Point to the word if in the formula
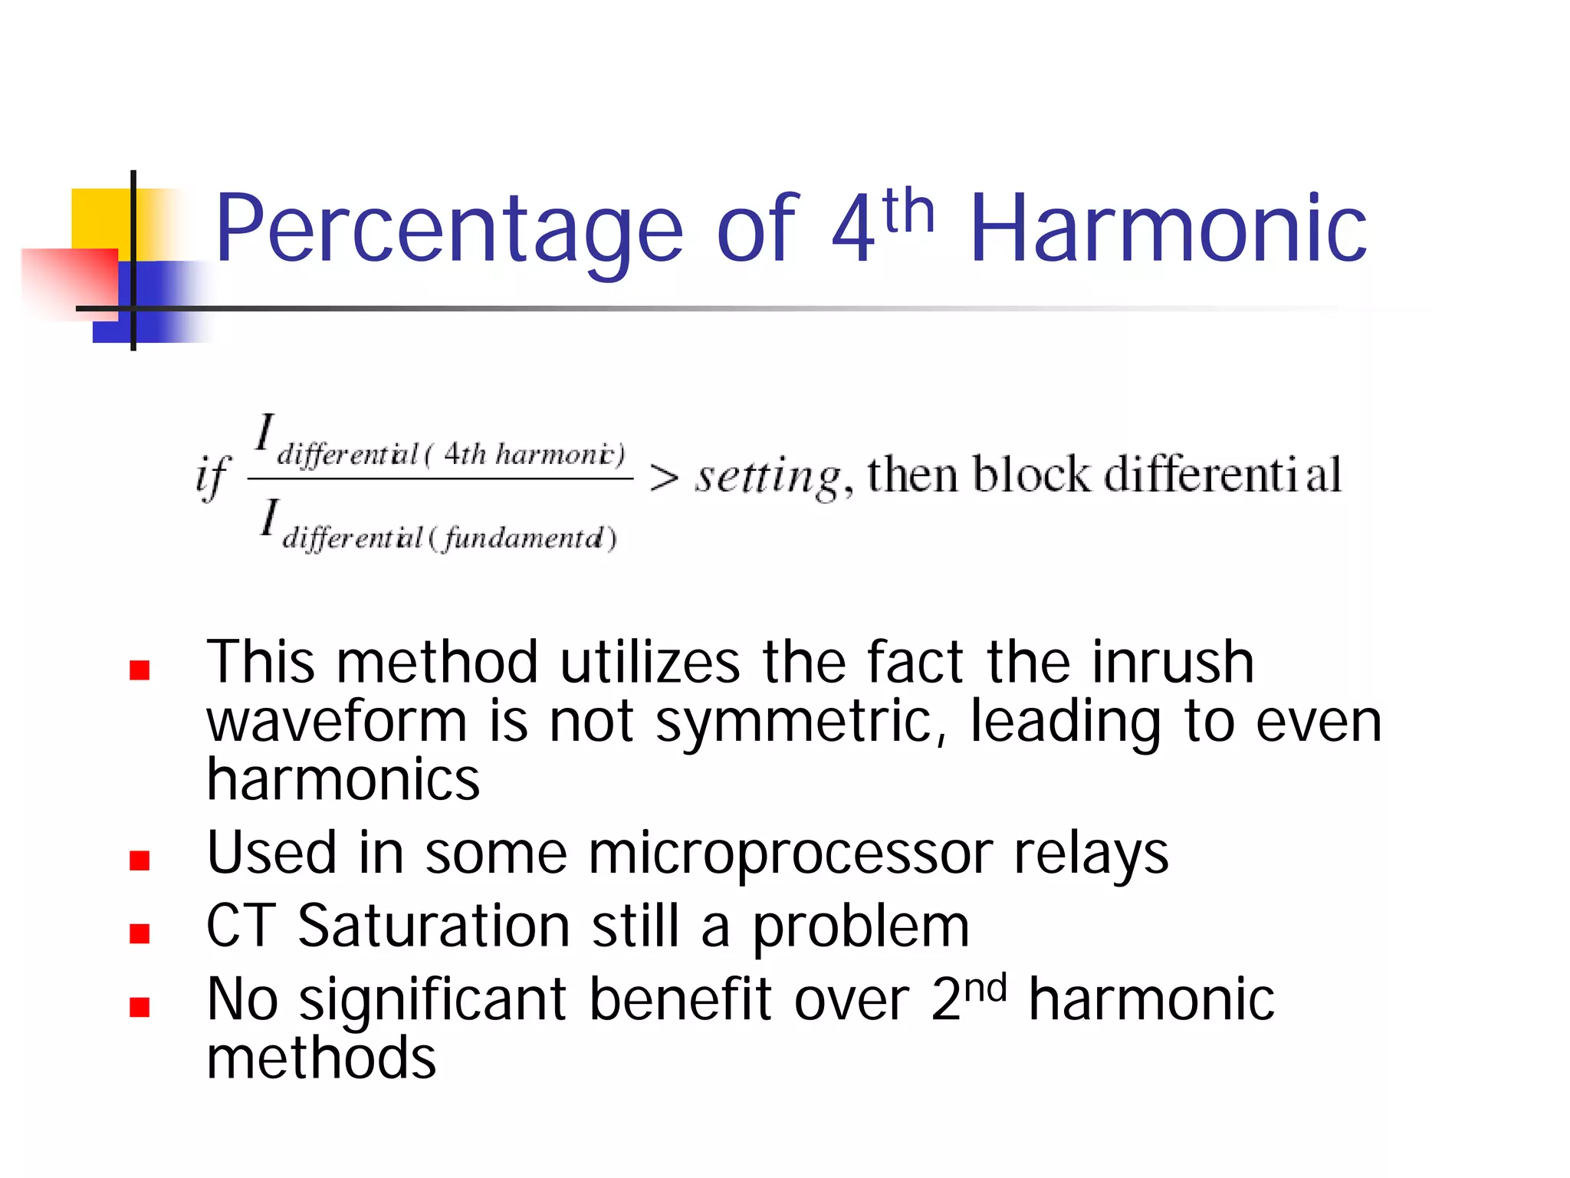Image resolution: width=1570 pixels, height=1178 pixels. (x=212, y=476)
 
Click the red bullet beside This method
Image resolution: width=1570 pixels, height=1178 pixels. (x=140, y=670)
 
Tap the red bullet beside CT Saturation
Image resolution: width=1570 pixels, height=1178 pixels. (x=140, y=933)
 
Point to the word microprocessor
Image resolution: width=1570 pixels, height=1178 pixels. (x=790, y=853)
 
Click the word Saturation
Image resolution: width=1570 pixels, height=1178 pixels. (x=434, y=926)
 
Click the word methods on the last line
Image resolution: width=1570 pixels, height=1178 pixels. (x=321, y=1058)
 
